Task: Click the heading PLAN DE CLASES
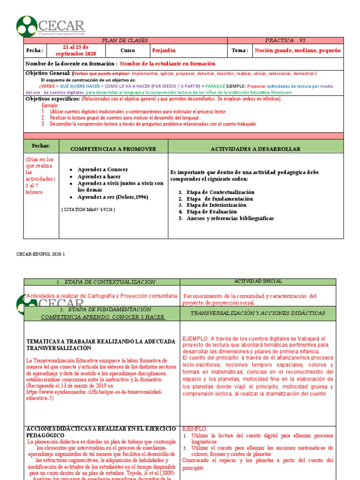[x=126, y=41]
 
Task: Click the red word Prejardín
[x=164, y=51]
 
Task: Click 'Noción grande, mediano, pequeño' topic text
[x=298, y=51]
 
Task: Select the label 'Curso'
[x=127, y=51]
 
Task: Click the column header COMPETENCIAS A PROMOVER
[x=113, y=149]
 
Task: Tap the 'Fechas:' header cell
[x=41, y=146]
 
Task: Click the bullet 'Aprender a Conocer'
[x=103, y=169]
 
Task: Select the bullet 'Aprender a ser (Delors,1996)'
[x=112, y=197]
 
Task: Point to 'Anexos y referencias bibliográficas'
[x=230, y=218]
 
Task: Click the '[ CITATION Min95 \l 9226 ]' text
[x=88, y=209]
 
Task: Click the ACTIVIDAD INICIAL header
[x=258, y=281]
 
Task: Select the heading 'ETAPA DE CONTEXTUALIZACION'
[x=105, y=282]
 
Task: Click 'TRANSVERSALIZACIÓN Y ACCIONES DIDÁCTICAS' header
[x=258, y=313]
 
